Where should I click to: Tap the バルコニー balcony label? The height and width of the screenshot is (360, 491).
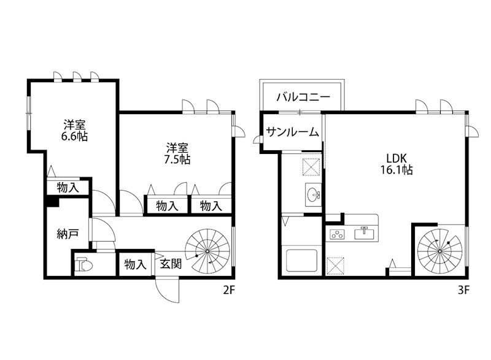click(303, 97)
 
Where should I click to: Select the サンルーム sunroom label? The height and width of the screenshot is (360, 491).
click(293, 131)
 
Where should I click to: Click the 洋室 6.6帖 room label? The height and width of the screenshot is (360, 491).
click(74, 129)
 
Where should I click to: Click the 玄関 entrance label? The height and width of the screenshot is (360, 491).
click(171, 264)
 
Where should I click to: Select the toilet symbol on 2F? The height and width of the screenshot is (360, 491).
click(85, 266)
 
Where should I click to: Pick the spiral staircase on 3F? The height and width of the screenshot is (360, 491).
click(440, 249)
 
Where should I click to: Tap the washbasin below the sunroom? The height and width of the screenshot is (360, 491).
click(314, 196)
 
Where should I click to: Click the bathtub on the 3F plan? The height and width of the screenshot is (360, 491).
click(301, 261)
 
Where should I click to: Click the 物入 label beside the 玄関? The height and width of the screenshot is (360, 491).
click(135, 264)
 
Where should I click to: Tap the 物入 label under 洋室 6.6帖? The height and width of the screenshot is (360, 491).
click(68, 188)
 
